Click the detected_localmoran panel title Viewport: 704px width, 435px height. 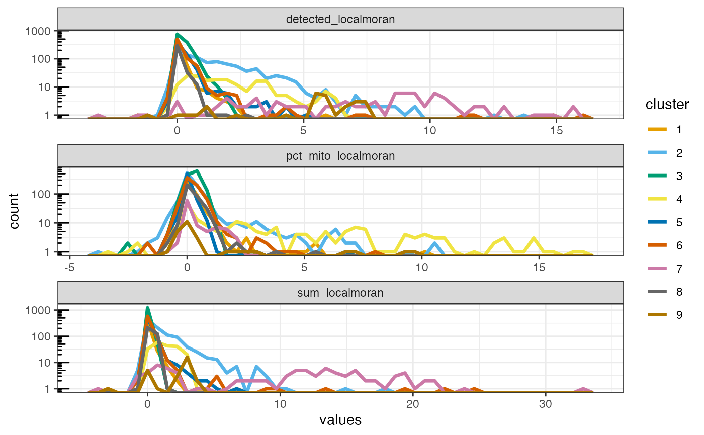pyautogui.click(x=340, y=19)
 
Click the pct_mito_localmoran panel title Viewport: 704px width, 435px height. pyautogui.click(x=340, y=156)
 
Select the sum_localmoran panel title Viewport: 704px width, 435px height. pyautogui.click(x=340, y=293)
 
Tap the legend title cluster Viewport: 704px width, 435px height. pyautogui.click(x=667, y=104)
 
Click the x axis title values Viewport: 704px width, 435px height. pyautogui.click(x=340, y=420)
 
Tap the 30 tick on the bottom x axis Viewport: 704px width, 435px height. pyautogui.click(x=545, y=404)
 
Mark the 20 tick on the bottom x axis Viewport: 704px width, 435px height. pyautogui.click(x=412, y=404)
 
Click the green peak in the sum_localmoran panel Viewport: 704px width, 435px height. pyautogui.click(x=147, y=308)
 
